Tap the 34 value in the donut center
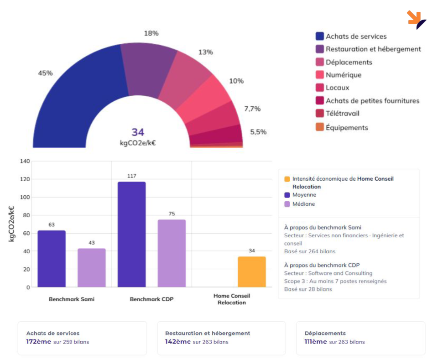(x=138, y=132)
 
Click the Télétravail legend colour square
(x=319, y=113)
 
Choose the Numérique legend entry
(x=343, y=75)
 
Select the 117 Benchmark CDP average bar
(x=132, y=235)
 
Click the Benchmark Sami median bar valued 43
(x=92, y=268)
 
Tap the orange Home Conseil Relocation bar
(x=252, y=272)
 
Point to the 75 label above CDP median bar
(x=172, y=214)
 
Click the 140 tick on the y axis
(x=25, y=161)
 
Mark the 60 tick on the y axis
(x=26, y=233)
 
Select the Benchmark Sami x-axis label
(x=71, y=300)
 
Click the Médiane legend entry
(x=303, y=204)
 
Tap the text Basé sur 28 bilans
(x=308, y=289)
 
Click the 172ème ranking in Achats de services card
(x=38, y=341)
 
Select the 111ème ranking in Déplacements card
(x=316, y=341)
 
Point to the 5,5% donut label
(x=258, y=132)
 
